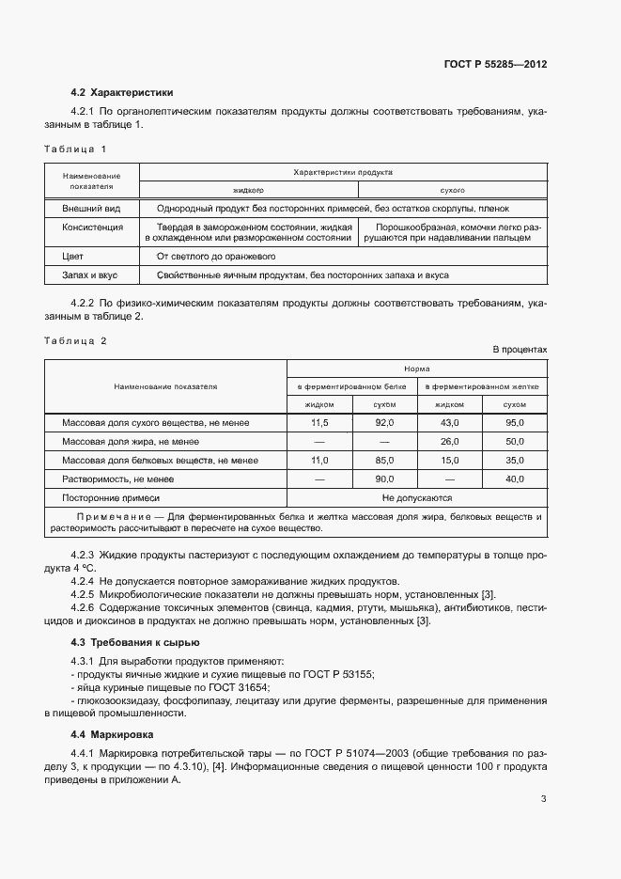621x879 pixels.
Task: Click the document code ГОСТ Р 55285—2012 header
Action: click(x=494, y=65)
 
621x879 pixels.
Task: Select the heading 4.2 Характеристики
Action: click(x=122, y=92)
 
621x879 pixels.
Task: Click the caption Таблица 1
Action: click(x=76, y=149)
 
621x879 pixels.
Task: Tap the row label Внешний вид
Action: click(x=92, y=208)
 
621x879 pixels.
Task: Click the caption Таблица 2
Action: click(x=76, y=341)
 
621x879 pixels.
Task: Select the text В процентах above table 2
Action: click(x=520, y=350)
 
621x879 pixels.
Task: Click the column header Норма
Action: click(x=416, y=369)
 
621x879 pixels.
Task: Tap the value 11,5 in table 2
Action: click(x=319, y=424)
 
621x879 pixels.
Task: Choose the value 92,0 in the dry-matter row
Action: click(x=384, y=424)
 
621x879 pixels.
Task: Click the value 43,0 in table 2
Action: click(x=449, y=424)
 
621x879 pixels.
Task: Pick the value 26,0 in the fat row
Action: click(x=449, y=442)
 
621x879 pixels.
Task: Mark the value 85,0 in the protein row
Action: click(x=384, y=461)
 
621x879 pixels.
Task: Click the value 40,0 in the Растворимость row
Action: click(x=514, y=479)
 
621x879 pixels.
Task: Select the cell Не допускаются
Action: click(x=416, y=498)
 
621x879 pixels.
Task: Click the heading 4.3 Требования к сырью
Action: click(x=134, y=643)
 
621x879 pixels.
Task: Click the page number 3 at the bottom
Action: click(x=543, y=800)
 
